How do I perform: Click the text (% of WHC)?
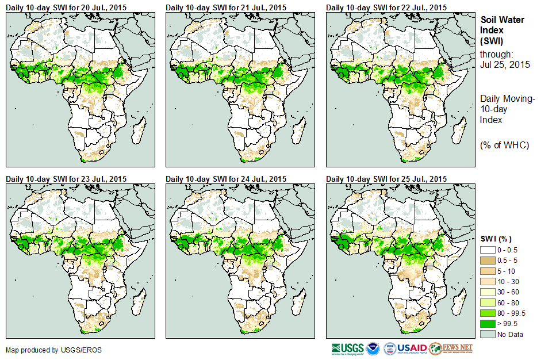(x=504, y=145)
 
